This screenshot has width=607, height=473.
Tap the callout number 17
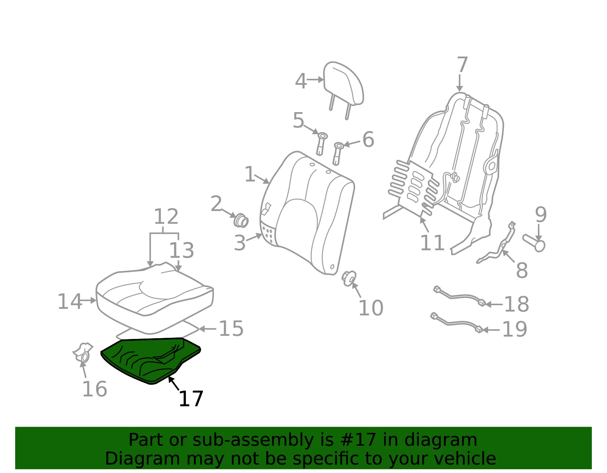(x=191, y=399)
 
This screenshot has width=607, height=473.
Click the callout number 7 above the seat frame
(x=462, y=65)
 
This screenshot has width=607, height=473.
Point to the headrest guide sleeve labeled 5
(x=321, y=144)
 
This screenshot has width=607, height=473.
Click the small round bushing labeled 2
(x=241, y=221)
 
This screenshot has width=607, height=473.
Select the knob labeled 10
(x=349, y=278)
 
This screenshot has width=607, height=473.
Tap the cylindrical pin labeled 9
(x=534, y=243)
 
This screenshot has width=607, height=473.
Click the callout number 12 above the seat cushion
(x=166, y=216)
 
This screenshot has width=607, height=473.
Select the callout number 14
(x=69, y=301)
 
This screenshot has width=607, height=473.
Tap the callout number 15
(x=231, y=328)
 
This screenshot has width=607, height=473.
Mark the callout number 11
(x=432, y=242)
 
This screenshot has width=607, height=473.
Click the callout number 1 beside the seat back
(x=250, y=174)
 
